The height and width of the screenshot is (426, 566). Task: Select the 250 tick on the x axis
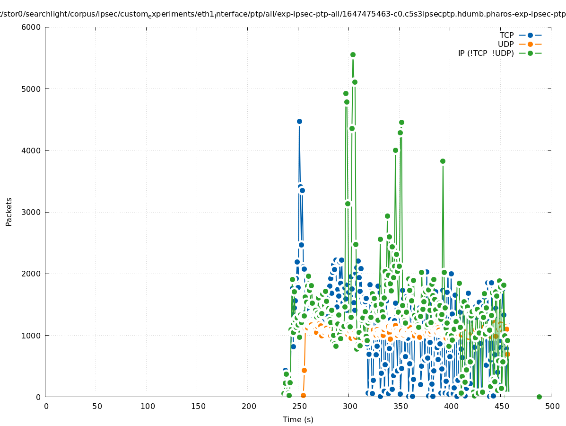(x=299, y=406)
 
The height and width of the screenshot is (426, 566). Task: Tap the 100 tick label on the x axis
(x=147, y=406)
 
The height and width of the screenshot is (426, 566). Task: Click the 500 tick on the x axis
(x=552, y=406)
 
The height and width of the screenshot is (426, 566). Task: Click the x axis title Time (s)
(x=298, y=419)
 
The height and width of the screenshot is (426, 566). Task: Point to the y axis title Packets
(x=9, y=212)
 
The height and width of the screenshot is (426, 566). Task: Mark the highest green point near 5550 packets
(x=353, y=55)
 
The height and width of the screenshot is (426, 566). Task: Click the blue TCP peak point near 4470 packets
(x=299, y=122)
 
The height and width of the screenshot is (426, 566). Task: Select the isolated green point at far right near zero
(x=539, y=397)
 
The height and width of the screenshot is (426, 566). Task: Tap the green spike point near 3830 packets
(x=443, y=161)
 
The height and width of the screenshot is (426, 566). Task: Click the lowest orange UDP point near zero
(x=303, y=395)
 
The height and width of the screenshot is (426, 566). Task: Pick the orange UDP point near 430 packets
(x=304, y=370)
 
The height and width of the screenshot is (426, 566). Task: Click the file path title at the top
(x=283, y=14)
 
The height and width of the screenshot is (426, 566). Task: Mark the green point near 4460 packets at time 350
(x=401, y=123)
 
